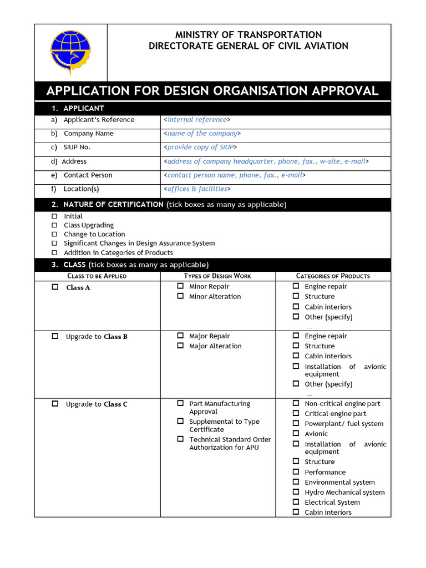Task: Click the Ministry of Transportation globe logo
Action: pyautogui.click(x=70, y=52)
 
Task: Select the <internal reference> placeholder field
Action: pyautogui.click(x=197, y=120)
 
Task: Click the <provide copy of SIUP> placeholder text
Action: pyautogui.click(x=200, y=148)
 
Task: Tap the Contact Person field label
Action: pyautogui.click(x=88, y=175)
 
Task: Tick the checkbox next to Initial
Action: pyautogui.click(x=54, y=216)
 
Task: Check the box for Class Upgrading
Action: pyautogui.click(x=54, y=225)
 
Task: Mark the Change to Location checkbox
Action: pyautogui.click(x=54, y=234)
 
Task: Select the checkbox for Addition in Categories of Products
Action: pyautogui.click(x=54, y=252)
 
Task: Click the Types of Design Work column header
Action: pyautogui.click(x=217, y=276)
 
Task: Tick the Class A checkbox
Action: pyautogui.click(x=55, y=287)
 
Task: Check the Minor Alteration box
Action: pyautogui.click(x=180, y=296)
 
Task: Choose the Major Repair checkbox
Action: pyautogui.click(x=180, y=336)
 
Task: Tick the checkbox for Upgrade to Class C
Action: pyautogui.click(x=55, y=404)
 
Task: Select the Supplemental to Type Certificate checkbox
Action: pyautogui.click(x=180, y=421)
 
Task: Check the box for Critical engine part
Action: pyautogui.click(x=296, y=413)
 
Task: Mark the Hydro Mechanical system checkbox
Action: pyautogui.click(x=296, y=492)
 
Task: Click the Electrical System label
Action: pyautogui.click(x=332, y=503)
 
